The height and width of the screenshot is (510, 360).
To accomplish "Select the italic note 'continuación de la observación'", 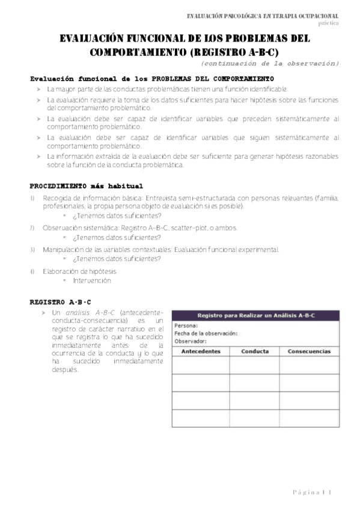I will coord(270,63).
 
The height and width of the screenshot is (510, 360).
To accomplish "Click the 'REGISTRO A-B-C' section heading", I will coord(60,301).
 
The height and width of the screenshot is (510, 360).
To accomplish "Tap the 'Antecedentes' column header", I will coord(201,351).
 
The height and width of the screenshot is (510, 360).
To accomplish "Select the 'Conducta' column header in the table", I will coord(255,351).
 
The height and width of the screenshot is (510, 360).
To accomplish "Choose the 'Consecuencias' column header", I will coord(308,351).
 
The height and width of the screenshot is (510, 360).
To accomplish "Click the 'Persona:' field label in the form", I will coord(186,326).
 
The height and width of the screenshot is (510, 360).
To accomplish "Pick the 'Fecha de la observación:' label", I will coord(206,333).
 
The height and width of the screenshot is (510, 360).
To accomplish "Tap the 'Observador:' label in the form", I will coord(191,341).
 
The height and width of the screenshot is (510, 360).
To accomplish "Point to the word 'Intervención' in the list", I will coord(92,281).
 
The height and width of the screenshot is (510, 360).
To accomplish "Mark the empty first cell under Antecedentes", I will coord(201,366).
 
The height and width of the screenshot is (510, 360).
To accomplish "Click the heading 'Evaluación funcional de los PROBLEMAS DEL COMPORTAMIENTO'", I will coord(151,79).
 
